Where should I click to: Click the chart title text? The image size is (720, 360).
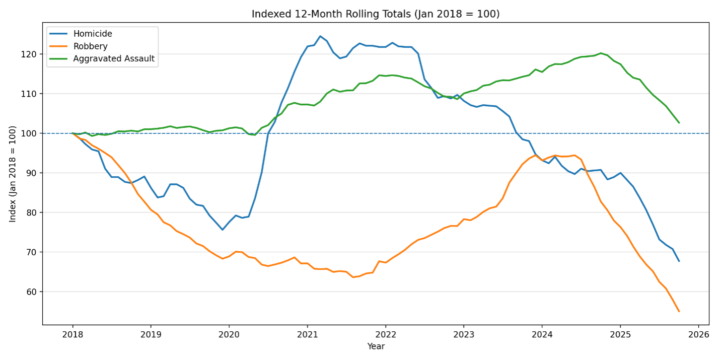click(x=376, y=14)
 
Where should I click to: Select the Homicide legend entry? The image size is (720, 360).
click(x=93, y=34)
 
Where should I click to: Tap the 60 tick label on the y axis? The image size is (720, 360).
click(x=32, y=292)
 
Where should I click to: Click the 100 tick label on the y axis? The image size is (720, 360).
click(x=30, y=133)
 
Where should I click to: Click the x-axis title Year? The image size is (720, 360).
click(x=376, y=346)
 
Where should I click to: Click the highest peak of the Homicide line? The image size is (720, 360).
click(x=320, y=36)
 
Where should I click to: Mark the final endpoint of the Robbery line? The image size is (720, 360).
click(x=679, y=311)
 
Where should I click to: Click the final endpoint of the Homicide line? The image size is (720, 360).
click(x=679, y=261)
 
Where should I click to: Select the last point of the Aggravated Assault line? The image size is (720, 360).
click(x=679, y=122)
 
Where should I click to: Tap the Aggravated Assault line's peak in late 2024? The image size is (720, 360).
click(x=601, y=53)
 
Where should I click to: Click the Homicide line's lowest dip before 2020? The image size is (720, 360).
click(x=223, y=230)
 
